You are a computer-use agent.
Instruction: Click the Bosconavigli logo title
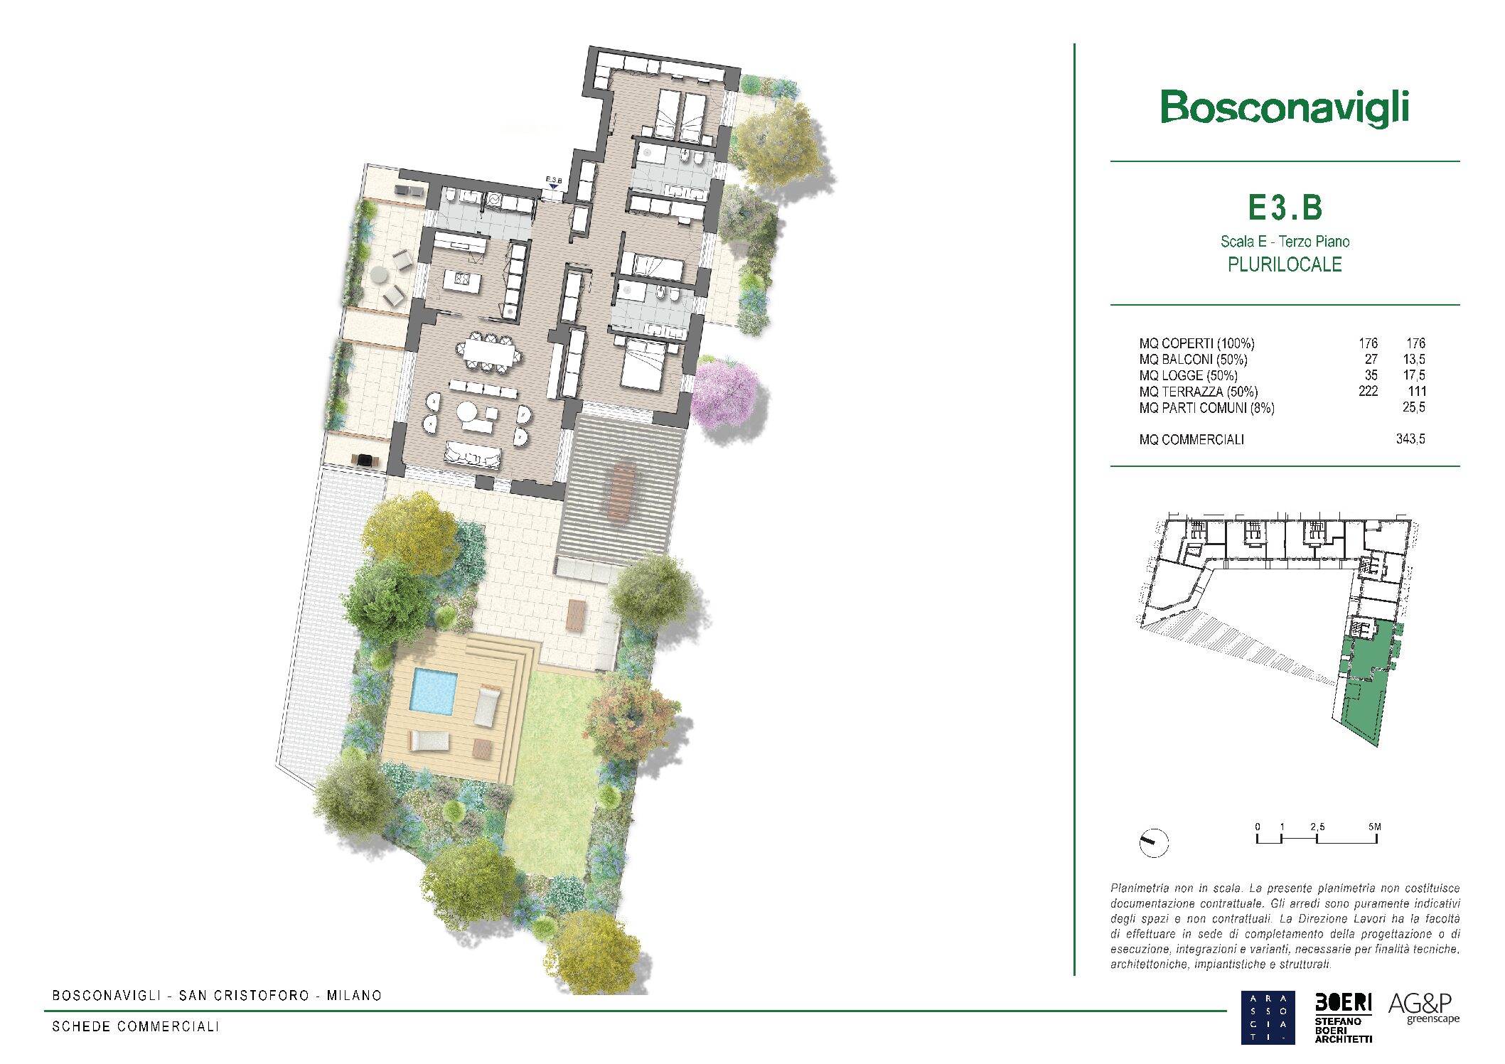tap(1285, 109)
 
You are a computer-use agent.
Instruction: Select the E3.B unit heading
tap(1285, 208)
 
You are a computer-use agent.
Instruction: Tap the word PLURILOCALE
tap(1285, 264)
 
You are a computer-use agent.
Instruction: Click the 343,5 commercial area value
tap(1410, 439)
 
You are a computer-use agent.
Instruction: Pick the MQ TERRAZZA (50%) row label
tap(1199, 392)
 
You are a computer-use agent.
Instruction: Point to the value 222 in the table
tap(1368, 391)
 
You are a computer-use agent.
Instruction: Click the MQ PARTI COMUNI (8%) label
tap(1206, 408)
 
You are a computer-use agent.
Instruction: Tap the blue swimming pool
tap(433, 692)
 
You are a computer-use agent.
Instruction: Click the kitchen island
tap(462, 281)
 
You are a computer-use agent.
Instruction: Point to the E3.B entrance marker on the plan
tap(554, 183)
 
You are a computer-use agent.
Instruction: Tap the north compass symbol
tap(1153, 843)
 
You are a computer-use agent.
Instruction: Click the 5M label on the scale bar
tap(1374, 827)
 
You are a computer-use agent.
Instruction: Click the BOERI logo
tap(1343, 1017)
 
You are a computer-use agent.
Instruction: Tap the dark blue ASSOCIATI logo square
tap(1268, 1018)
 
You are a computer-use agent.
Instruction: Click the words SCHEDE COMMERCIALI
tap(136, 1026)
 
